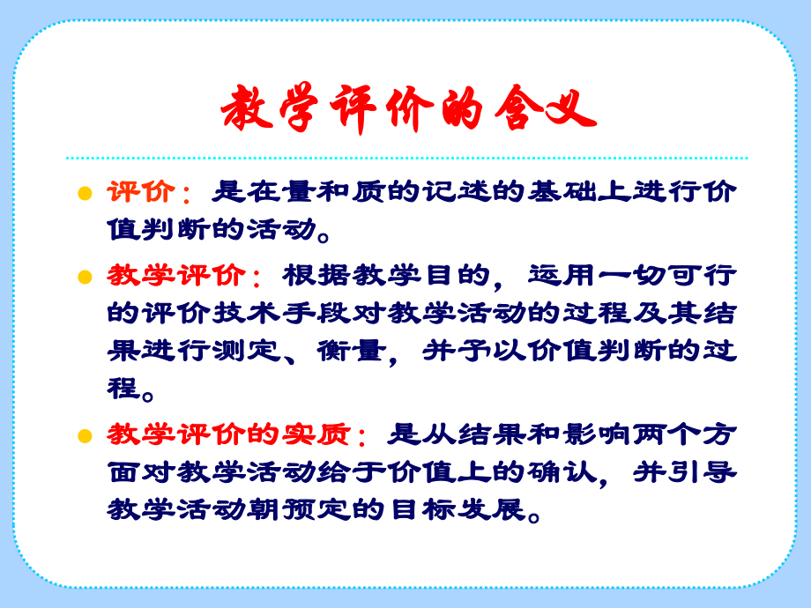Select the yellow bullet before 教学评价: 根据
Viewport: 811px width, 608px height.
(85, 278)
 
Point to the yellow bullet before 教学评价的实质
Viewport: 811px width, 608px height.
(85, 436)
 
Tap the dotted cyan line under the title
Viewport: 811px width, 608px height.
(406, 159)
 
